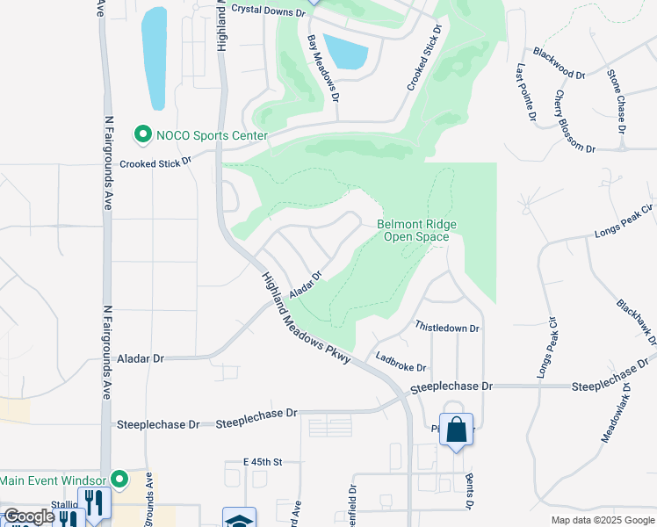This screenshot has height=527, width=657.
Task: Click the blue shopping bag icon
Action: click(x=456, y=430)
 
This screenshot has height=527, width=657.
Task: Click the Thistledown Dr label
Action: click(x=447, y=328)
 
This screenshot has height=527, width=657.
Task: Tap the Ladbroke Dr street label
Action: click(x=400, y=362)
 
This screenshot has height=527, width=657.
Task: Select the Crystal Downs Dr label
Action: click(x=268, y=11)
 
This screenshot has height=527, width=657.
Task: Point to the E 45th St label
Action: click(x=263, y=461)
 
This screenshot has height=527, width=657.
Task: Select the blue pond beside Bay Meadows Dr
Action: click(x=344, y=51)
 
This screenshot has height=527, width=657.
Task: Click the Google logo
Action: click(x=29, y=516)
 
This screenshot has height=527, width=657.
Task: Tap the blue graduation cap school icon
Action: click(x=239, y=520)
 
